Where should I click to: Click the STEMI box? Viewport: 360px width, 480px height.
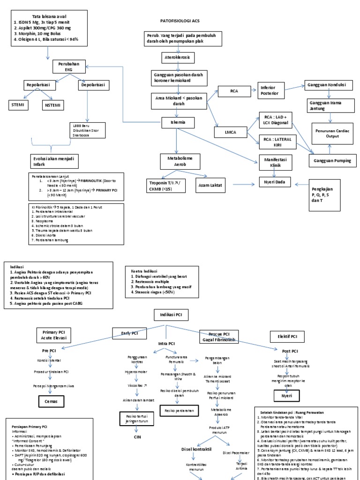point(18,105)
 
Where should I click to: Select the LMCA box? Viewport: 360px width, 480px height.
point(231,133)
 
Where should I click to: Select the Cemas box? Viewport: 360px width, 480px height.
point(51,401)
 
